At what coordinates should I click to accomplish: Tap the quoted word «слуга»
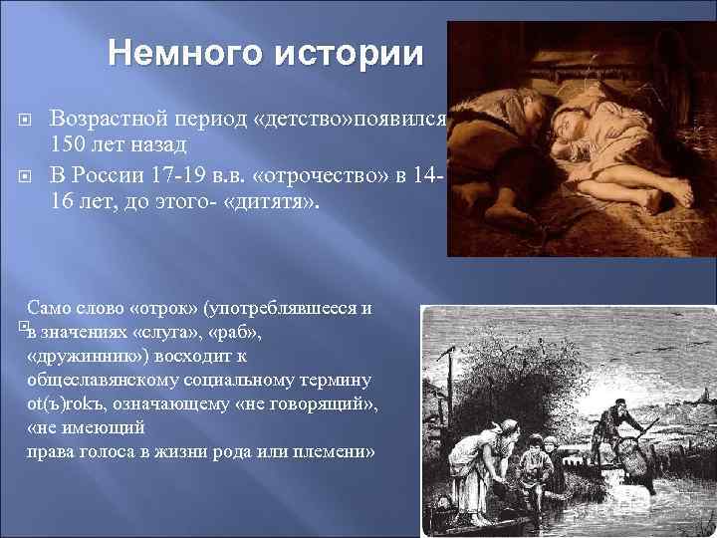point(165,332)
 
